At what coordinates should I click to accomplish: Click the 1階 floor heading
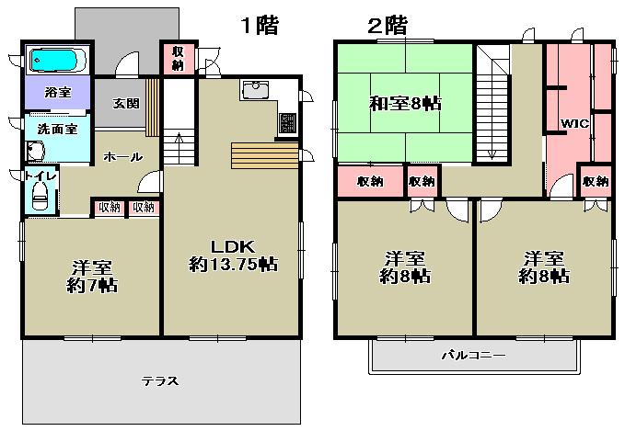pos(260,25)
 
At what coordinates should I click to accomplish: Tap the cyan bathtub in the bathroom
pos(56,61)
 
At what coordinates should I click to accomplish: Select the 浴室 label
pos(57,93)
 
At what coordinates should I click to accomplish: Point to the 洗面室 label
pos(57,129)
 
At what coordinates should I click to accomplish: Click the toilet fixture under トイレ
pos(40,196)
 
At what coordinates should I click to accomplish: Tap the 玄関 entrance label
pos(126,103)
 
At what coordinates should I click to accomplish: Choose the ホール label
pos(122,157)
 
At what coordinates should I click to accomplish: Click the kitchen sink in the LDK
pos(255,90)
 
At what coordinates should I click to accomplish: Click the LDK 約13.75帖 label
pos(233,255)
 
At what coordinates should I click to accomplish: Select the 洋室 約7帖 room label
pos(91,276)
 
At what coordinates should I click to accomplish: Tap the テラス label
pos(159,380)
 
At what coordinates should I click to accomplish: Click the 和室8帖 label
pos(404,103)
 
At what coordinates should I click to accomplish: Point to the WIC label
pos(573,122)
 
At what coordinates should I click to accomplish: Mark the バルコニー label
pos(472,355)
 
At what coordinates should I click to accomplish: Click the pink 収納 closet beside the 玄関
pos(177,58)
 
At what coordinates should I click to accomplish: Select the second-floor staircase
pos(493,104)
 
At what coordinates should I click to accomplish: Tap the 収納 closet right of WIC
pos(595,181)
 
